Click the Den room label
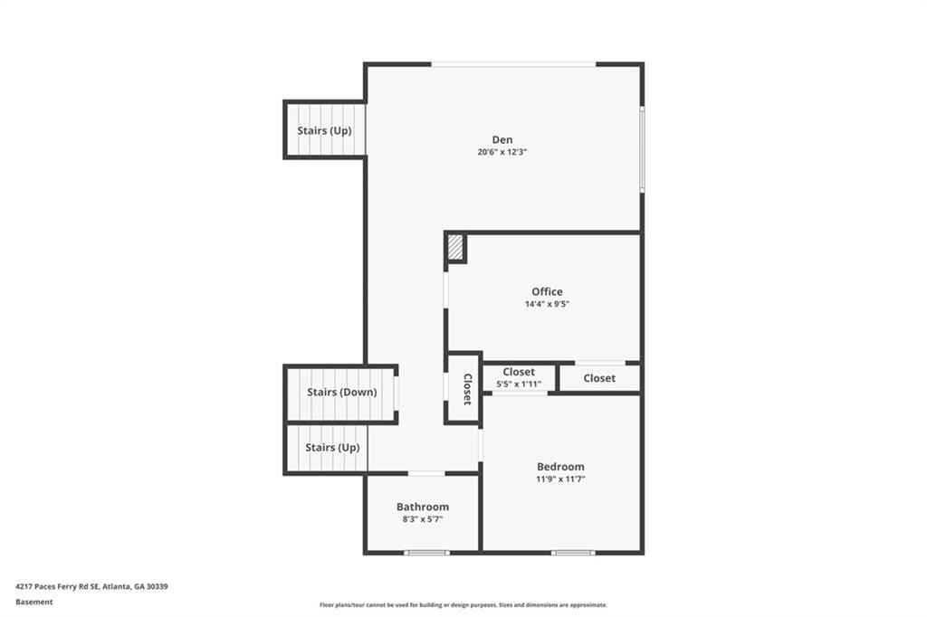coord(502,139)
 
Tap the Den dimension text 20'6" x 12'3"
coord(502,152)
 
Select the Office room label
coord(547,291)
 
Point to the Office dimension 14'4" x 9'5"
coord(547,304)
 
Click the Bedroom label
coord(560,466)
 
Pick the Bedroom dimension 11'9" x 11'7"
coord(560,479)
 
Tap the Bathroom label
coord(423,507)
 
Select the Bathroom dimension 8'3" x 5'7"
coord(423,519)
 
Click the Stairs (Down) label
coord(341,392)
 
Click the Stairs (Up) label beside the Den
coord(324,130)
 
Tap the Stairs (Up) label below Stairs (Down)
coord(332,448)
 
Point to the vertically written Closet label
coord(467,389)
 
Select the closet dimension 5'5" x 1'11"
coord(519,384)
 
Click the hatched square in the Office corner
coord(454,247)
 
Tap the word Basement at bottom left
coord(33,602)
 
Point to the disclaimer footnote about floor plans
coord(463,604)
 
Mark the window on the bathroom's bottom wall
coord(427,553)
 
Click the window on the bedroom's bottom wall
coord(573,553)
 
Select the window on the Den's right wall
coord(642,149)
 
